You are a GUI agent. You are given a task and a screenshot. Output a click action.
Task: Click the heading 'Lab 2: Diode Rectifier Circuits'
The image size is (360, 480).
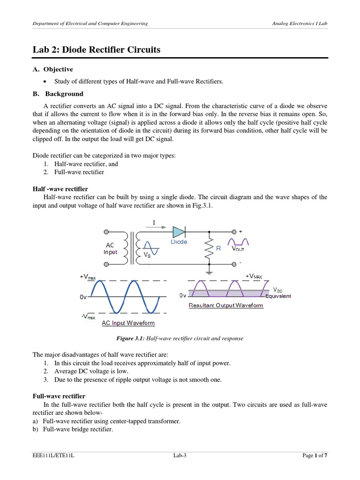pyautogui.click(x=96, y=50)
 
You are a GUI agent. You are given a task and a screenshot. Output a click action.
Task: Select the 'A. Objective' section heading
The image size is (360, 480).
pyautogui.click(x=52, y=69)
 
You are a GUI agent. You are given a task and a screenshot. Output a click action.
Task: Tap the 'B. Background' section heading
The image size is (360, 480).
pyautogui.click(x=58, y=94)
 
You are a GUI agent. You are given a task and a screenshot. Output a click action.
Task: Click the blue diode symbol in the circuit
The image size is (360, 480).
pyautogui.click(x=179, y=232)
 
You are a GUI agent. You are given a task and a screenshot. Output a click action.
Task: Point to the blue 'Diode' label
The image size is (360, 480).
pyautogui.click(x=179, y=242)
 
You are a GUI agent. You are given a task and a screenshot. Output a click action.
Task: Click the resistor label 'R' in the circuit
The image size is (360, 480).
pyautogui.click(x=218, y=249)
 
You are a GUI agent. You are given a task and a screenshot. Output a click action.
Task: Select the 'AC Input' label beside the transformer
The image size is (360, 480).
pyautogui.click(x=110, y=248)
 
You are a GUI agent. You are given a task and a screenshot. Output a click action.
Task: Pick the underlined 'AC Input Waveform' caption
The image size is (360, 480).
pyautogui.click(x=128, y=323)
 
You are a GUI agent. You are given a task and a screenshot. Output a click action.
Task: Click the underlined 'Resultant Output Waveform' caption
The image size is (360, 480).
pyautogui.click(x=225, y=305)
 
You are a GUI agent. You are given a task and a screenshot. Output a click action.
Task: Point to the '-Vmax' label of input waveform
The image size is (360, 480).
pyautogui.click(x=89, y=317)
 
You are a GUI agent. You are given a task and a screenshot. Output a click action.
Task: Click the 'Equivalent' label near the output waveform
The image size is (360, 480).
pyautogui.click(x=278, y=296)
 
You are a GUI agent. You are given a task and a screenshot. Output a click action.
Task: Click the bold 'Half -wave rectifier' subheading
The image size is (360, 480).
pyautogui.click(x=60, y=188)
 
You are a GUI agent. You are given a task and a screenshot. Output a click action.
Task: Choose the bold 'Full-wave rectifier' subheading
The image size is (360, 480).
pyautogui.click(x=59, y=396)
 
